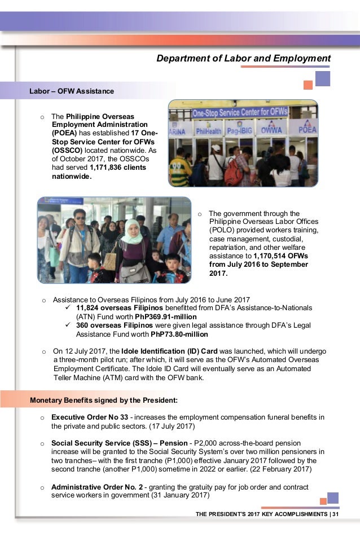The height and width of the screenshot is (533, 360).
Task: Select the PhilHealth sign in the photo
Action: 208,131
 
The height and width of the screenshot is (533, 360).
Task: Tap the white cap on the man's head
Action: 216,148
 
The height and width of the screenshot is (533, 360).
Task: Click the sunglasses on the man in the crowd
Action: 80,218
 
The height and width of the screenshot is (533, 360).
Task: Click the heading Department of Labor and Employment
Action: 243,59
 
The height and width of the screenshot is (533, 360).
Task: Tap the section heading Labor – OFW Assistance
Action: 72,91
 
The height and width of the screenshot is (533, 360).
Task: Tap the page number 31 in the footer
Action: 336,514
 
